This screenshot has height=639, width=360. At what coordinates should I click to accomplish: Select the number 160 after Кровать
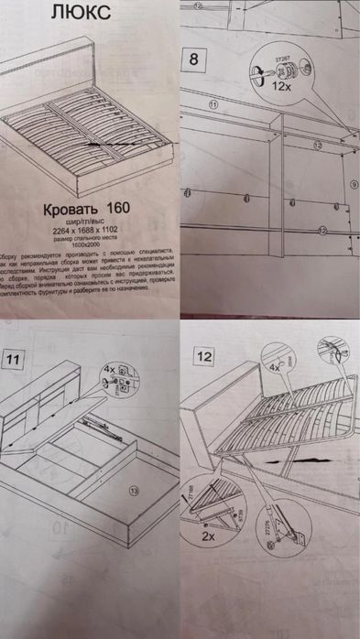(117, 208)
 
